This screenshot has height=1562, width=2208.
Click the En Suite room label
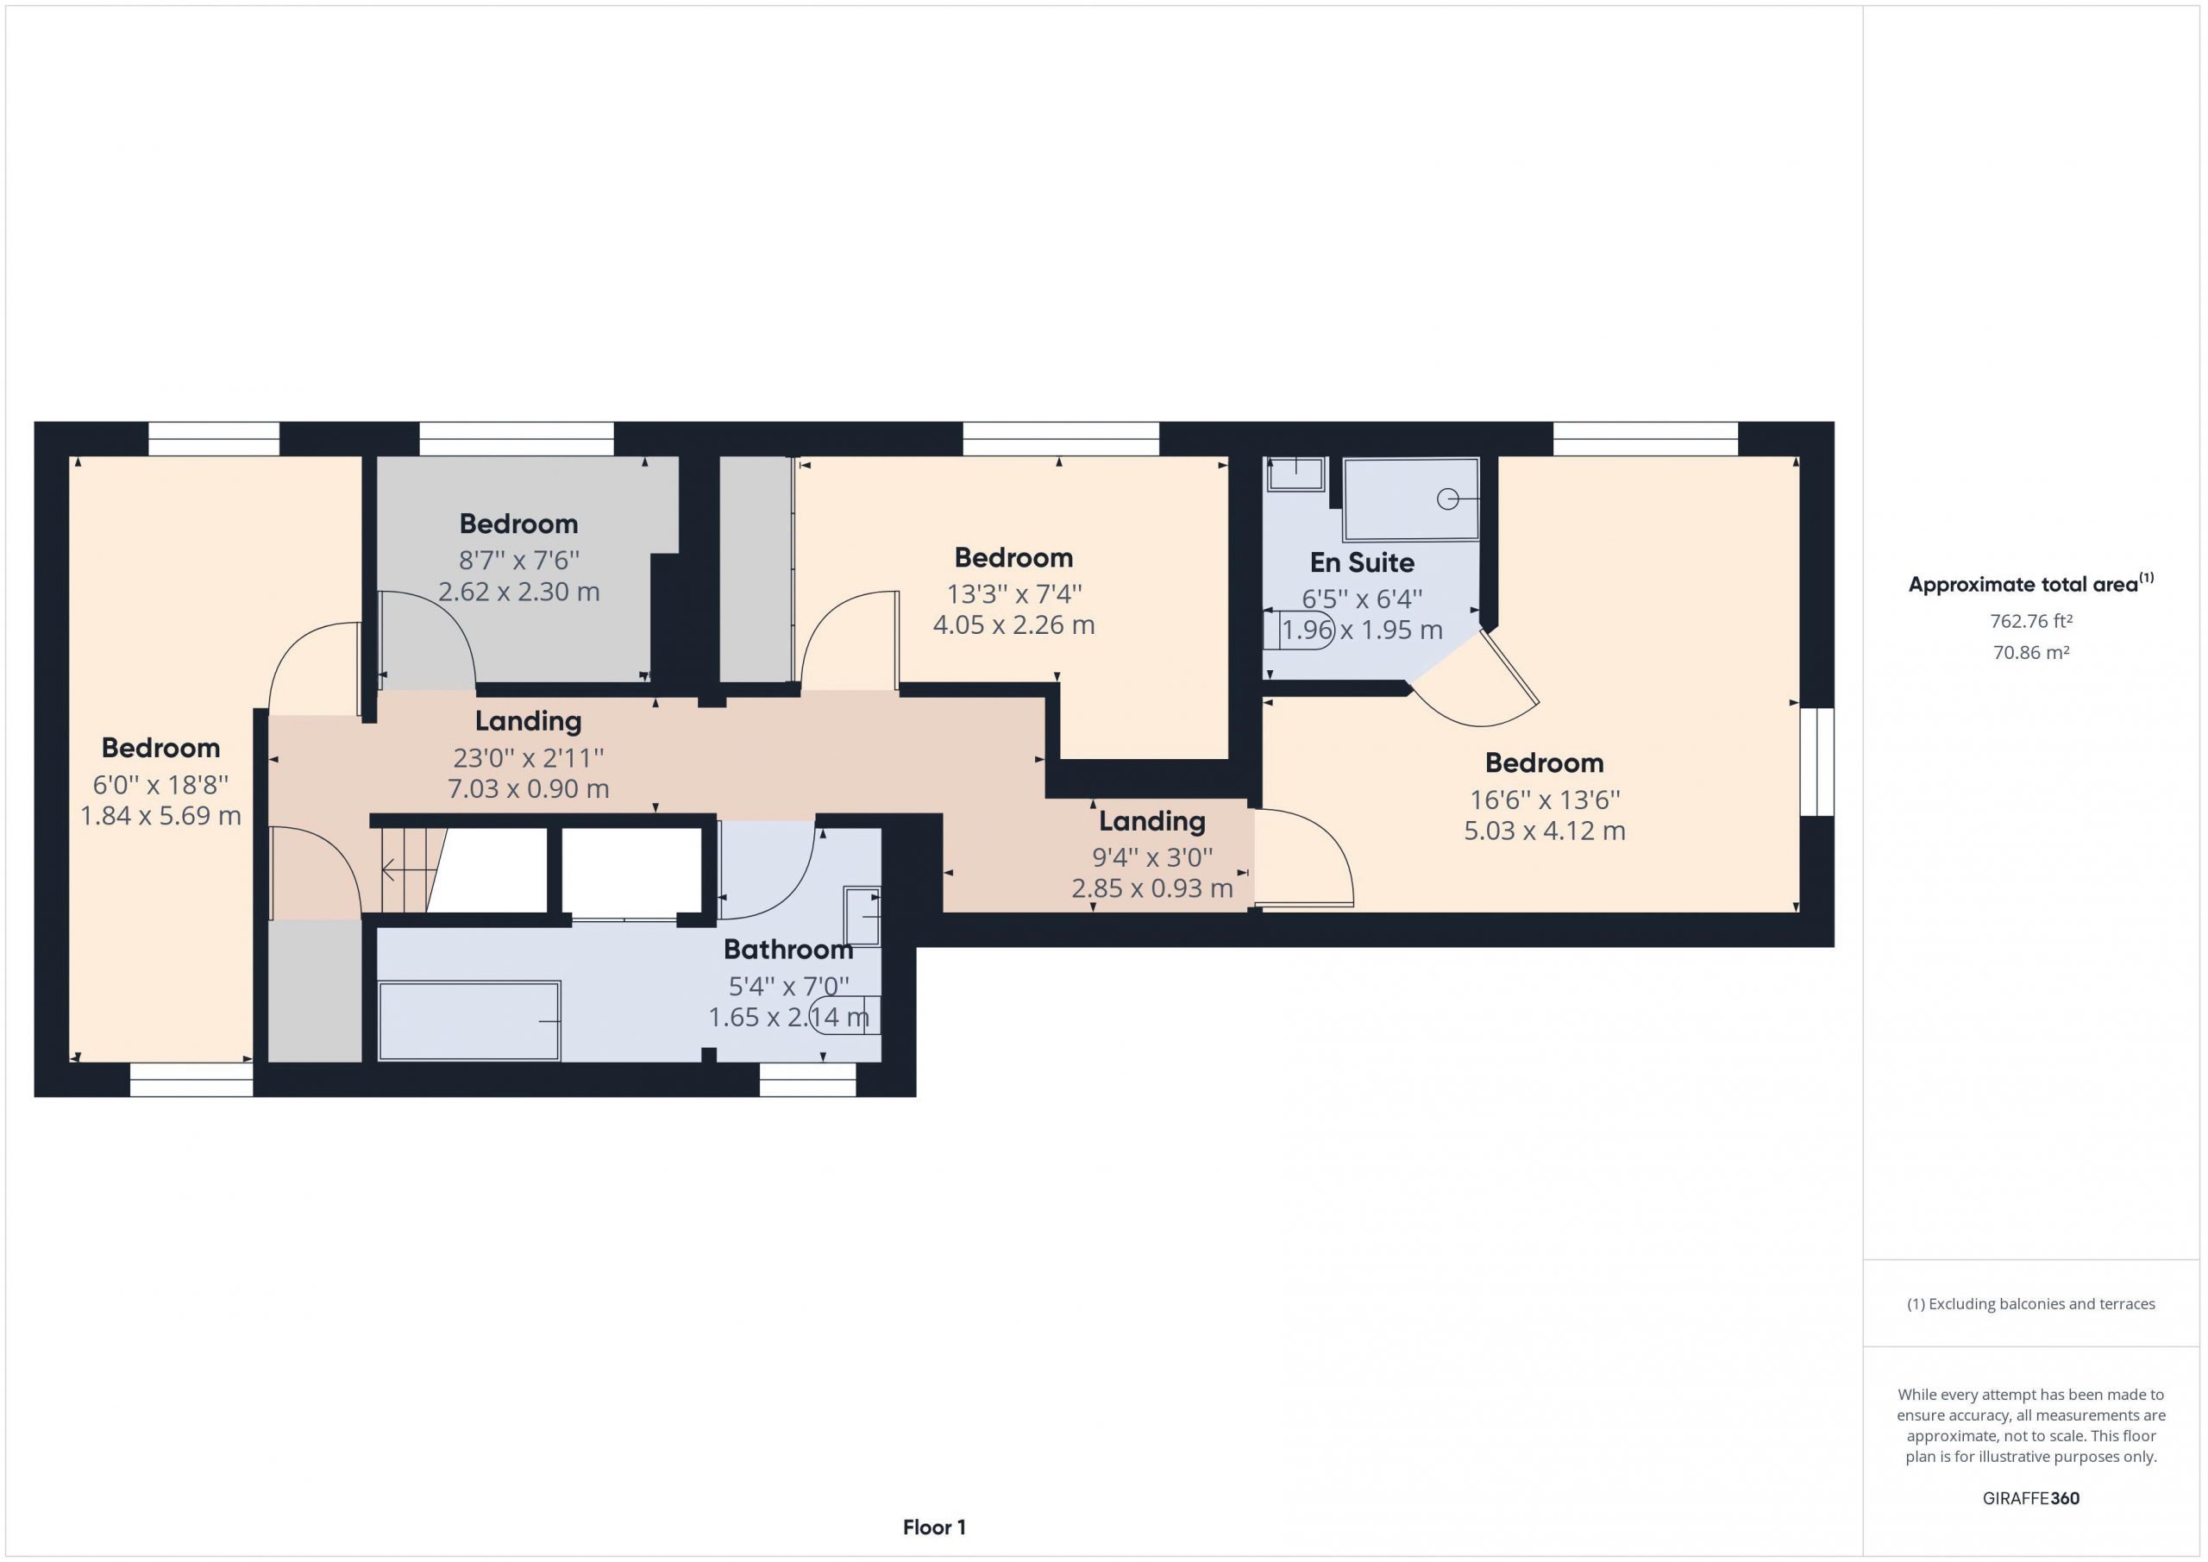pyautogui.click(x=1362, y=562)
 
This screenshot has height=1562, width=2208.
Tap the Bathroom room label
pyautogui.click(x=787, y=950)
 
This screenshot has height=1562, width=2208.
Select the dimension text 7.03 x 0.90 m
pyautogui.click(x=528, y=788)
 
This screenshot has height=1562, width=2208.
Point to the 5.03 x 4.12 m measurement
pyautogui.click(x=1545, y=831)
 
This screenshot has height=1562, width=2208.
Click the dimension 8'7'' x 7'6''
pyautogui.click(x=518, y=560)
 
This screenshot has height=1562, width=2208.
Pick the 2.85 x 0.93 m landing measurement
pyautogui.click(x=1152, y=888)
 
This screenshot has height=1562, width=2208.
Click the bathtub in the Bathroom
pyautogui.click(x=469, y=1020)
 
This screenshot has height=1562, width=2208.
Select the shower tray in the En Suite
pyautogui.click(x=1411, y=499)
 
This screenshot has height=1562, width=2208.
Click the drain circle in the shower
pyautogui.click(x=1447, y=499)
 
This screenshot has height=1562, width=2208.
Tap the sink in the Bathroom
pyautogui.click(x=862, y=917)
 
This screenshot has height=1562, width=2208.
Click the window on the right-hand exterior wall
pyautogui.click(x=1817, y=762)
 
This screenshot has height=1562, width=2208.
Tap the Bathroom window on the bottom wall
pyautogui.click(x=808, y=1079)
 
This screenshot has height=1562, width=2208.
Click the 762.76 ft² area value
pyautogui.click(x=2031, y=621)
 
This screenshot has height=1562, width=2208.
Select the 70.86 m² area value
pyautogui.click(x=2031, y=652)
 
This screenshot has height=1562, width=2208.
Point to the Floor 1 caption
pyautogui.click(x=934, y=1527)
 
